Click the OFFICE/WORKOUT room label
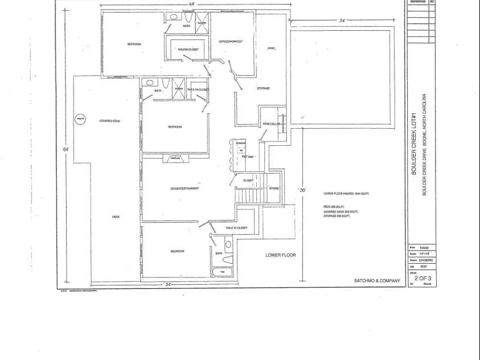231,42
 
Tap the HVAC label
272,48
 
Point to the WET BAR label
247,155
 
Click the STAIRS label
273,188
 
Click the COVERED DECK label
109,121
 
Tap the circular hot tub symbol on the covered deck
80,119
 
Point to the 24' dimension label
342,21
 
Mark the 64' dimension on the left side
66,149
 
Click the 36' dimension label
303,190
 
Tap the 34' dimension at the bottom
168,284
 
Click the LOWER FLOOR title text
281,255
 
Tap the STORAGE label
262,88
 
